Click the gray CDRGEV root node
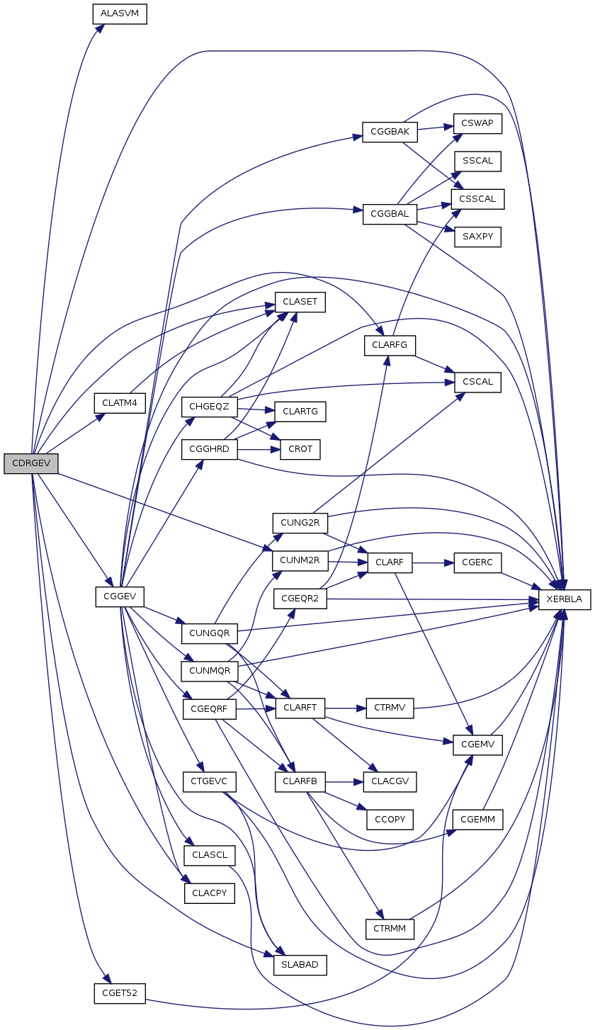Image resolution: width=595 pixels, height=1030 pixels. tap(30, 464)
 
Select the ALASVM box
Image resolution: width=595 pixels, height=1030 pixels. tap(120, 14)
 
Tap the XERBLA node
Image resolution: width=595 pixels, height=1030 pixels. tap(565, 599)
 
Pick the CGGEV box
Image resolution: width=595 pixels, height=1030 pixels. tap(120, 596)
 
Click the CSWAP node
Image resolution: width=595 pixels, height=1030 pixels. tap(477, 124)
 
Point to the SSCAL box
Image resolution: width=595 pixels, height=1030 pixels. tap(477, 161)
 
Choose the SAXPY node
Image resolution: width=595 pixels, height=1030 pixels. tap(477, 237)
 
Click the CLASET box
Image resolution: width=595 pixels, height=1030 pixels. tap(300, 302)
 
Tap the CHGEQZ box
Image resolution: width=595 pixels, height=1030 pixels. tap(210, 407)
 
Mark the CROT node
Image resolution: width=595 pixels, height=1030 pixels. tap(300, 449)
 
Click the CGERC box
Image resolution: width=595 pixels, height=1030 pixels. tap(477, 563)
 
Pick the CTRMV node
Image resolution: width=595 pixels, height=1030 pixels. tap(389, 708)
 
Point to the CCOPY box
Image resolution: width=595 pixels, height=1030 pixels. tap(389, 820)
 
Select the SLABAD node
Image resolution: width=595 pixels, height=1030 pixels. tap(300, 964)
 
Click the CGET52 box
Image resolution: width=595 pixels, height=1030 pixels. tap(120, 993)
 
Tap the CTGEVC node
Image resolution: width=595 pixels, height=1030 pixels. tap(208, 782)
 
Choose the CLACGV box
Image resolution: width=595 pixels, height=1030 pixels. tap(389, 782)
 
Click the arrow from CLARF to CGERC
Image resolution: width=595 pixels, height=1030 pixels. tap(432, 563)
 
